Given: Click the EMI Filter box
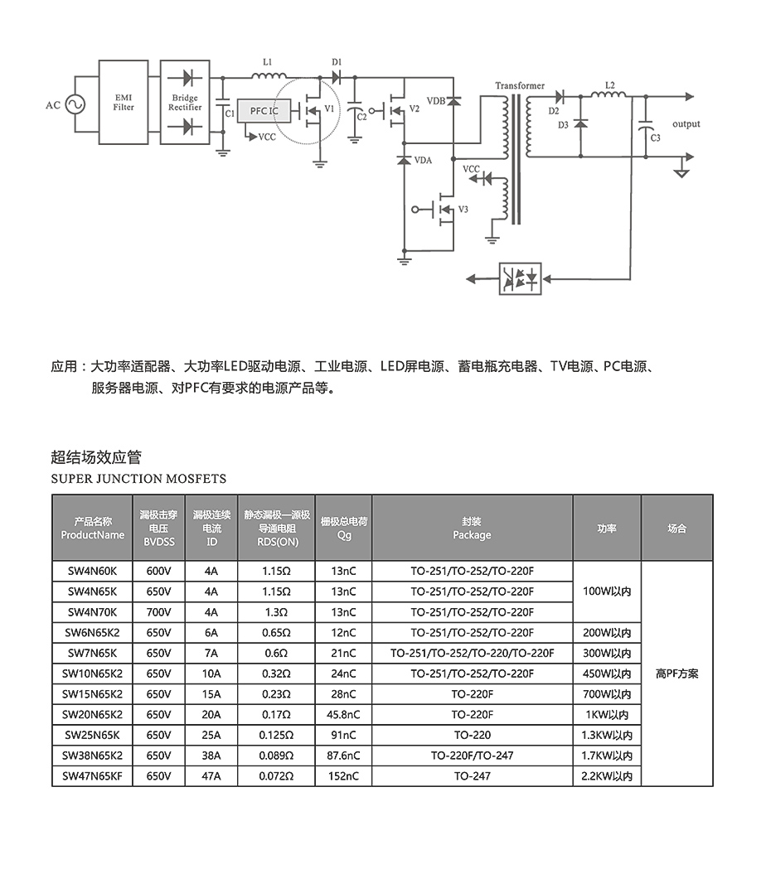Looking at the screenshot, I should click(124, 103).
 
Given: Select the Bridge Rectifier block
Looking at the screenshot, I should click(185, 103).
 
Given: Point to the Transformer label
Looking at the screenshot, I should click(520, 85).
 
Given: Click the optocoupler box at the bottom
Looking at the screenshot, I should click(521, 278).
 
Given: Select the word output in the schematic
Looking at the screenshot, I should click(686, 124).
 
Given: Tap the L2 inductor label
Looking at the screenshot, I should click(611, 84).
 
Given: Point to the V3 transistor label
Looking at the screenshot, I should click(463, 210).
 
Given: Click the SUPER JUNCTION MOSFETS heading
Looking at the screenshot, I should click(138, 479).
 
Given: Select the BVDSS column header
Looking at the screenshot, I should click(158, 528).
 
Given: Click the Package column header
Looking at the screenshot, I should click(472, 528).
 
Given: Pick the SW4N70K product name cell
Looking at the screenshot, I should click(92, 612).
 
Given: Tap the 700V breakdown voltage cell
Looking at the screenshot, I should click(158, 612).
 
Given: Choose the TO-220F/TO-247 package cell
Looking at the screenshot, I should click(472, 756).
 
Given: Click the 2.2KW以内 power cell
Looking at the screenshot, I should click(607, 776).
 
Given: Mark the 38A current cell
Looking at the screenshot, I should click(211, 756).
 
